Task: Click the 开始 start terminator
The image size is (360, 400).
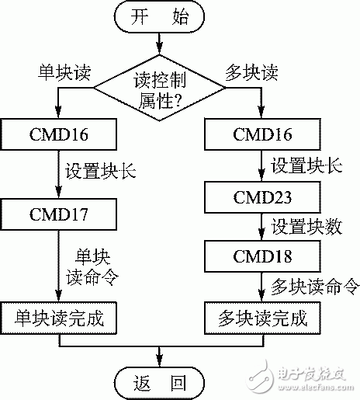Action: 160,18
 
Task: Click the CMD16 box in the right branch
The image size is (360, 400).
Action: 261,135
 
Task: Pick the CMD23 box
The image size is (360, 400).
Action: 261,196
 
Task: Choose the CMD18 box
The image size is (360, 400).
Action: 261,255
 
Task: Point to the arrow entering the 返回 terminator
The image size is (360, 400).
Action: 160,356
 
